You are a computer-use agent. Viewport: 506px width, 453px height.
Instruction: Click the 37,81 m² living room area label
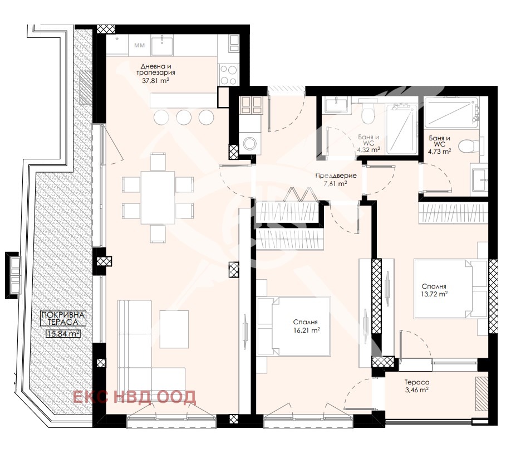(155, 80)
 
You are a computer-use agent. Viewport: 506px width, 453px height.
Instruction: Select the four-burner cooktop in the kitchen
(228, 75)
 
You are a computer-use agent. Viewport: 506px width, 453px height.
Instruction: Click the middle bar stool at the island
(184, 117)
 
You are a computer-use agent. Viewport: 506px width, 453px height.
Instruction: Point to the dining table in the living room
(158, 197)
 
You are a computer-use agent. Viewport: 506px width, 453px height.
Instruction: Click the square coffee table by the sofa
(174, 329)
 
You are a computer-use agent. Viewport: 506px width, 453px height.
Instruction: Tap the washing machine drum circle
(249, 143)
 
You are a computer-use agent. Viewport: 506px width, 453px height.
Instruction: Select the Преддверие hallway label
(336, 176)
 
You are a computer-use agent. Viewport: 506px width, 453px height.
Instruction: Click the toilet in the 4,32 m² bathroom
(367, 113)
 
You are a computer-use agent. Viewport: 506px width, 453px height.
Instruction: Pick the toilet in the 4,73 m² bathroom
(470, 147)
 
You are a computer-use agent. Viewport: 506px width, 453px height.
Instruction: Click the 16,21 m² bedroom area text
(306, 330)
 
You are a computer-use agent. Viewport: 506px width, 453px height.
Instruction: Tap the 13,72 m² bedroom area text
(434, 294)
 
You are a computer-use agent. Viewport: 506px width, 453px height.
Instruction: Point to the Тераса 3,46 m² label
(417, 386)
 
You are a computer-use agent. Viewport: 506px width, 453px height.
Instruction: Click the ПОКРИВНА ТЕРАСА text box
(63, 318)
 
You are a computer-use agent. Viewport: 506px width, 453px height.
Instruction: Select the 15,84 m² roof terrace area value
(63, 333)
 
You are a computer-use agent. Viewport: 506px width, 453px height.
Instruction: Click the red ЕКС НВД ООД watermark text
(134, 397)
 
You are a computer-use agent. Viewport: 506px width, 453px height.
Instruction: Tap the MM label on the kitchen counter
(139, 46)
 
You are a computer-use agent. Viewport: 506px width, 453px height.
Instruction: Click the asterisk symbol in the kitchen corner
(117, 39)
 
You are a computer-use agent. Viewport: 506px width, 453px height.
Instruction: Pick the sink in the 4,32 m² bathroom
(336, 105)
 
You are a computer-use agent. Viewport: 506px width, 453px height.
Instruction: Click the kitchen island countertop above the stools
(184, 100)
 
